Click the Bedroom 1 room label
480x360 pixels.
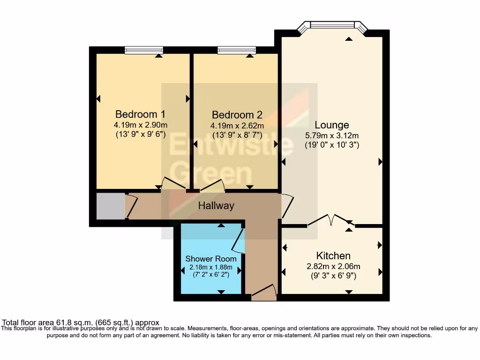click(x=140, y=114)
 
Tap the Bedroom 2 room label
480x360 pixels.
click(x=237, y=115)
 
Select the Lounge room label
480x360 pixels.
click(x=332, y=125)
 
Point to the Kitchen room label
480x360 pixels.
click(x=333, y=255)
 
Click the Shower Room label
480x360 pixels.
click(x=210, y=259)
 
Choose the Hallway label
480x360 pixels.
click(x=216, y=206)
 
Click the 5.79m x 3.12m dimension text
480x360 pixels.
click(x=332, y=135)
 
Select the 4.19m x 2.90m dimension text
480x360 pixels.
click(x=140, y=125)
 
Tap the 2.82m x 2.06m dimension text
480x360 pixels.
click(x=333, y=266)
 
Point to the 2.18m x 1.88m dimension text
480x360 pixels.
click(x=210, y=267)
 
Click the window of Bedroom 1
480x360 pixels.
click(x=144, y=50)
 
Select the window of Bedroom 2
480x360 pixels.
click(x=237, y=50)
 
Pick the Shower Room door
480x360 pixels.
click(x=238, y=240)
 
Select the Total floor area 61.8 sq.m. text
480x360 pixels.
click(x=81, y=322)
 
